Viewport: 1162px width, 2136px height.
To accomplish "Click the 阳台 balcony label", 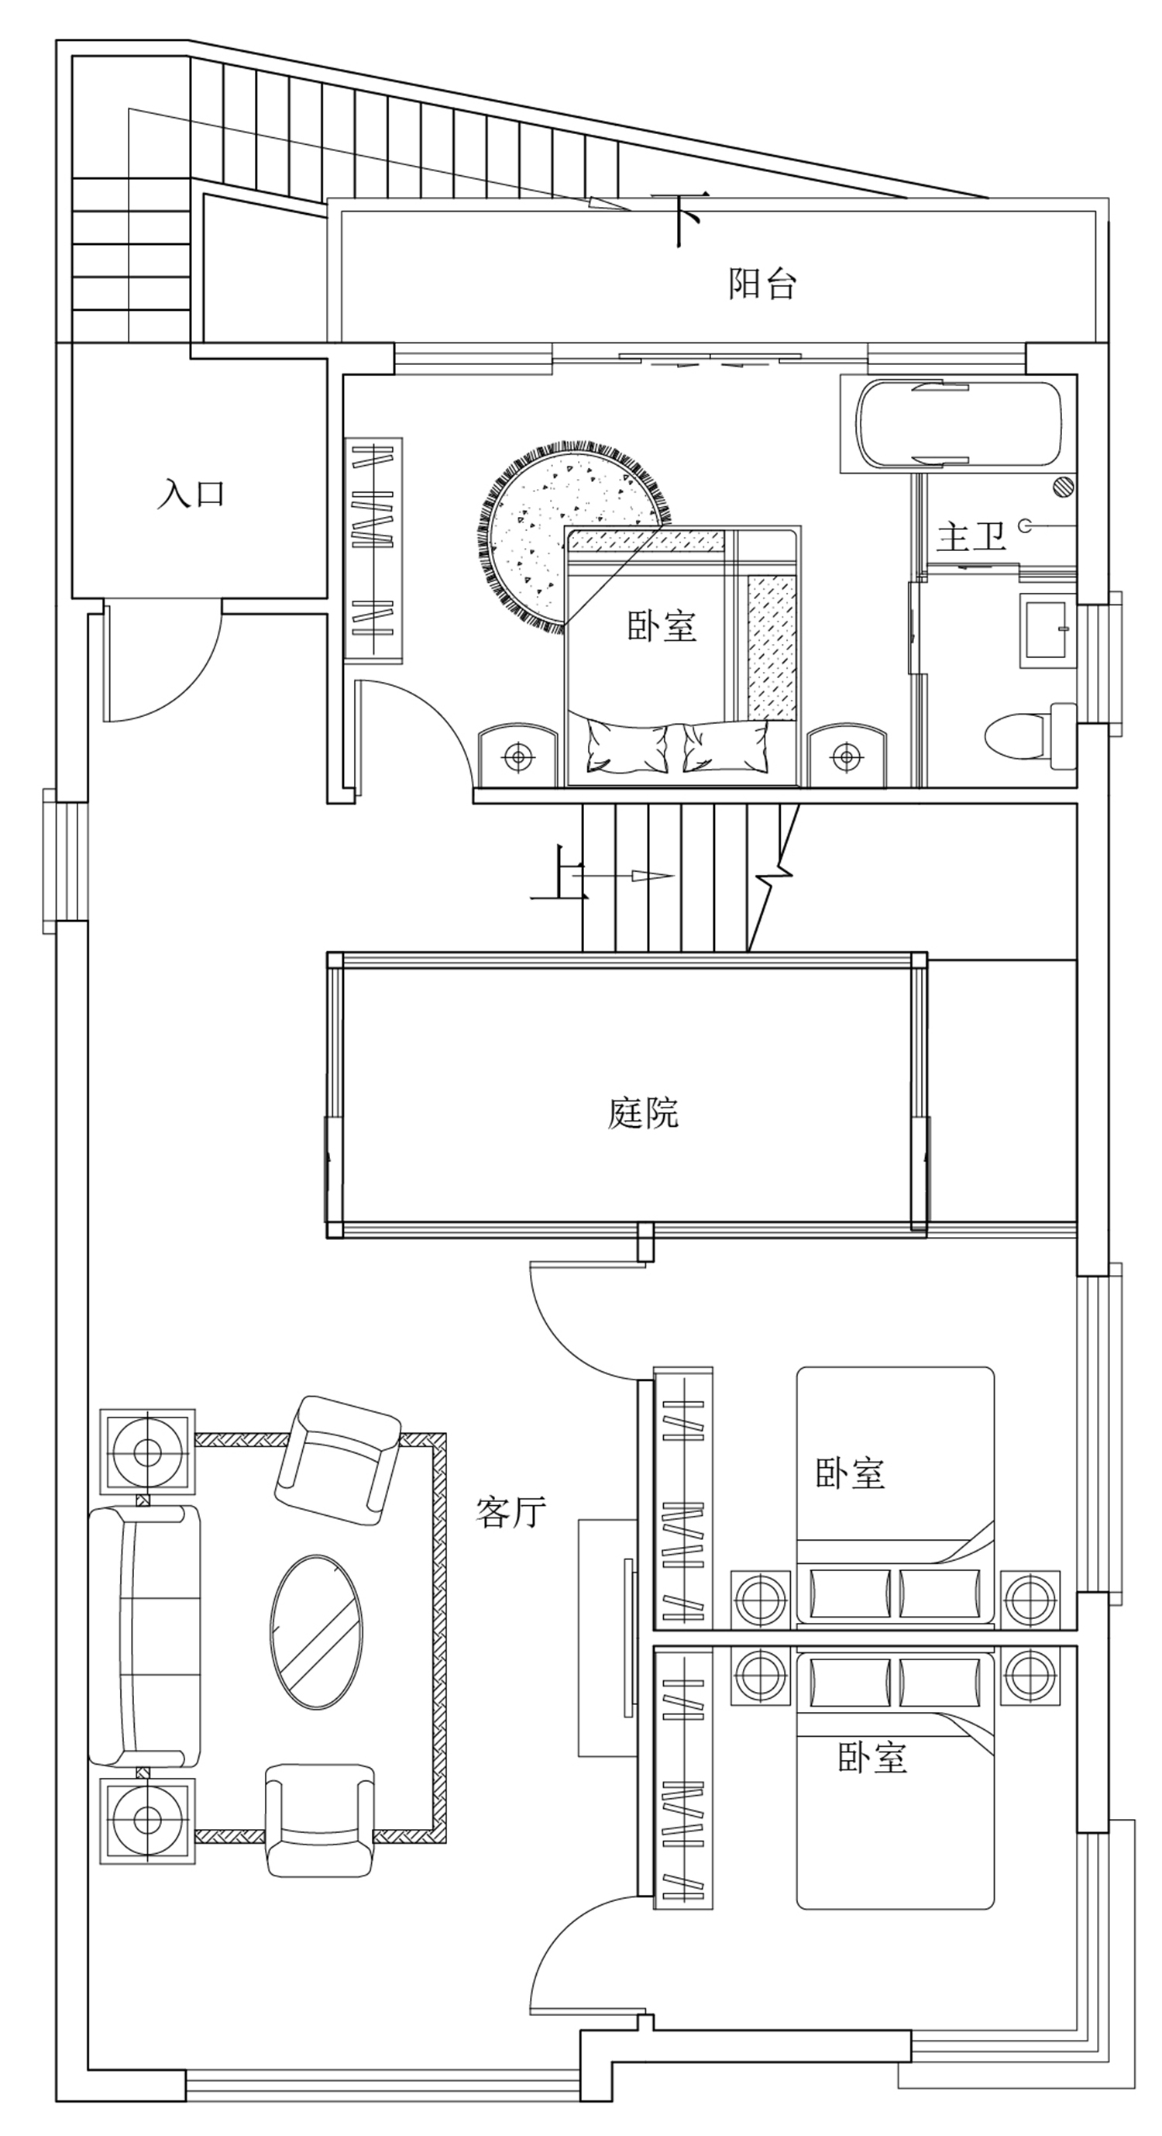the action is click(x=761, y=284).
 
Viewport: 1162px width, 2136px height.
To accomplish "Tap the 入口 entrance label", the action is click(x=191, y=494).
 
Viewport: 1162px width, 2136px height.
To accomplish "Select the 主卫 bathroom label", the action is click(x=971, y=536).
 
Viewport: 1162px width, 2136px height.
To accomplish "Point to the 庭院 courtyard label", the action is click(x=643, y=1113).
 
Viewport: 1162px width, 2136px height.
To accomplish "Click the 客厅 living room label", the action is click(x=511, y=1511).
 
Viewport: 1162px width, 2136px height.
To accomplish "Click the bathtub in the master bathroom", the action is click(x=959, y=424).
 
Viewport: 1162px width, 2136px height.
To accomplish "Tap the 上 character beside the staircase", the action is click(x=559, y=873).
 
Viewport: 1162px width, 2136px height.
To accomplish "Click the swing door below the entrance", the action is click(x=163, y=661).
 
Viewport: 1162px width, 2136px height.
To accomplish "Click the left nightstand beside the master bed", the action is click(x=519, y=756).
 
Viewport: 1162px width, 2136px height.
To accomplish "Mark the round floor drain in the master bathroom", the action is click(x=1063, y=487).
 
